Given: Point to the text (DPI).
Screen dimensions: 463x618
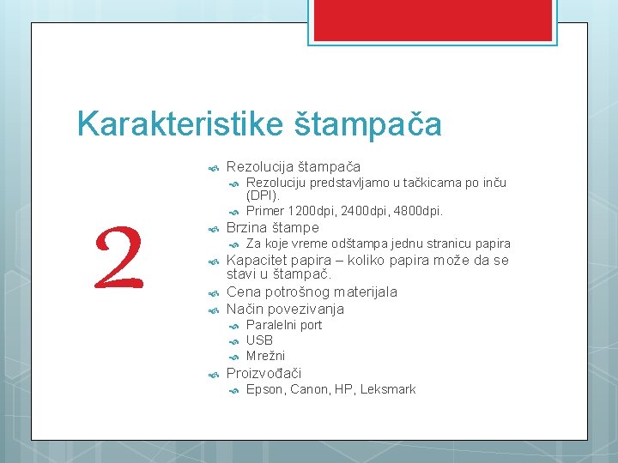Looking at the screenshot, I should pyautogui.click(x=263, y=196).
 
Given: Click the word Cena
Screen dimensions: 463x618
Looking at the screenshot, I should pyautogui.click(x=242, y=292).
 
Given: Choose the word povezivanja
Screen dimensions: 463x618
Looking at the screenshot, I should pyautogui.click(x=306, y=309).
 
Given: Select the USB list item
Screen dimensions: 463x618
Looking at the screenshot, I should pyautogui.click(x=259, y=340).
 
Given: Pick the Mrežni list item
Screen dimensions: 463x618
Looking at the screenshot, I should pyautogui.click(x=265, y=356).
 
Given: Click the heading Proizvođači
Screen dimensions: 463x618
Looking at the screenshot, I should pyautogui.click(x=264, y=373).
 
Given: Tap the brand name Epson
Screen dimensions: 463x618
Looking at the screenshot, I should pyautogui.click(x=264, y=389).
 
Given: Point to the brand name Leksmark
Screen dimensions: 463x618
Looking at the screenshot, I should pyautogui.click(x=387, y=389).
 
